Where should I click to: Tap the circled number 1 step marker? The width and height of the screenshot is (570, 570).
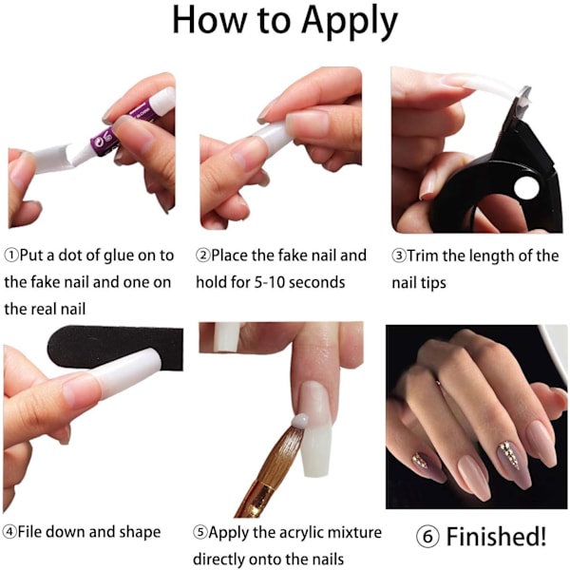(11, 256)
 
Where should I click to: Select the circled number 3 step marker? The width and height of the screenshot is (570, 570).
(399, 256)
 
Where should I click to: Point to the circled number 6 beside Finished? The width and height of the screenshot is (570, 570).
(427, 536)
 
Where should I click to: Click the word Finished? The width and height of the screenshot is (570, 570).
(496, 536)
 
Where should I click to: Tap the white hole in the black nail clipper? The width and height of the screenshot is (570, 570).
(526, 188)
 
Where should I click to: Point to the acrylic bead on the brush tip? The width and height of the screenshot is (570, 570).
(300, 421)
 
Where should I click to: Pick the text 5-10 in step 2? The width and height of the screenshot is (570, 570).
(270, 282)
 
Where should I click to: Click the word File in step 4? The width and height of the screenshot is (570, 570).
(29, 532)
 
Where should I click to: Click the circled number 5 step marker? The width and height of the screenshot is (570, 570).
(200, 533)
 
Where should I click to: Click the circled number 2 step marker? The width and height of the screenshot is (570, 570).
(203, 256)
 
